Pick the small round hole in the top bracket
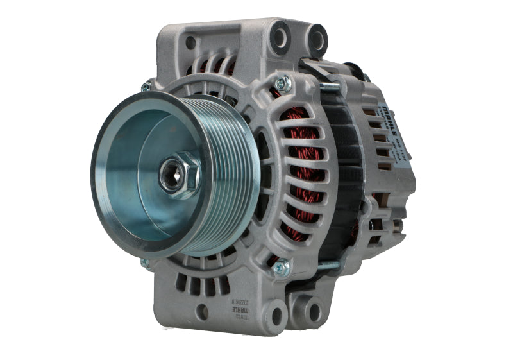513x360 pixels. (x=190, y=42)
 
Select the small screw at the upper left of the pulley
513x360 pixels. (x=146, y=87)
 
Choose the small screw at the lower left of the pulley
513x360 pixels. (x=145, y=262)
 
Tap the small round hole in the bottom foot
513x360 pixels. (x=202, y=313)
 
